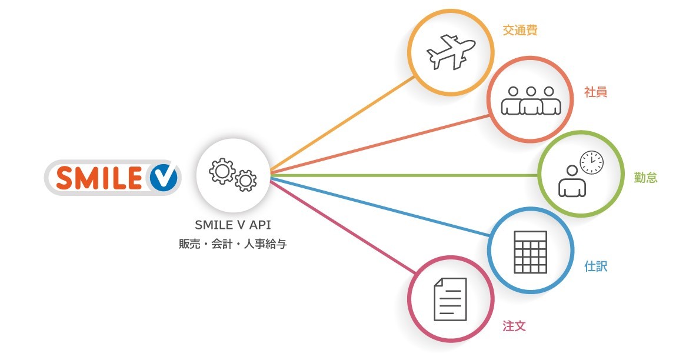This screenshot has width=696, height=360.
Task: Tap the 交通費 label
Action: [520, 31]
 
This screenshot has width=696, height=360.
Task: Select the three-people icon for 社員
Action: [531, 101]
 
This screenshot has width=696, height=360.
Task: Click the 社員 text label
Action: [595, 92]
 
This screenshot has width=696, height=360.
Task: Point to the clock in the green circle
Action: [591, 163]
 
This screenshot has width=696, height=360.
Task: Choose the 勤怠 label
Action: [645, 178]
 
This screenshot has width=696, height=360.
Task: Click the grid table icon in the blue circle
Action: [530, 252]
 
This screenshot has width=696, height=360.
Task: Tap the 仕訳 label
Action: [595, 266]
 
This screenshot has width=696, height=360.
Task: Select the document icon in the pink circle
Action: [450, 299]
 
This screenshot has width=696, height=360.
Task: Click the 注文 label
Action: [514, 326]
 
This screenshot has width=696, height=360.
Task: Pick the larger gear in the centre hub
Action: [222, 171]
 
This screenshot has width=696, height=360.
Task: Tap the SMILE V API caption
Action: [232, 224]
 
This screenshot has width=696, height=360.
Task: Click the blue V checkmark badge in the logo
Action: [161, 178]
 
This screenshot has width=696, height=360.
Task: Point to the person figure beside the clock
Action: [572, 182]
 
